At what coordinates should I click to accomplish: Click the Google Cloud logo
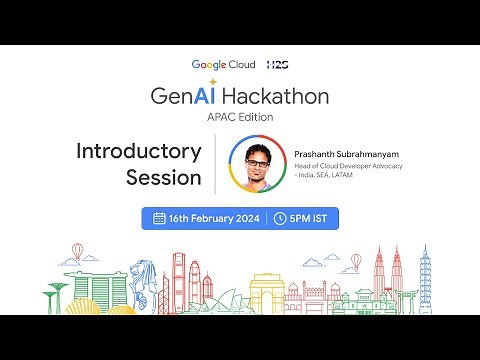point(223,64)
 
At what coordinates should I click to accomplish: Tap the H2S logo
point(278,64)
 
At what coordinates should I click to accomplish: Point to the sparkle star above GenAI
point(212,82)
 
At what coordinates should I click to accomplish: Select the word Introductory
point(139,151)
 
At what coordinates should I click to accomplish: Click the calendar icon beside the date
point(159,218)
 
